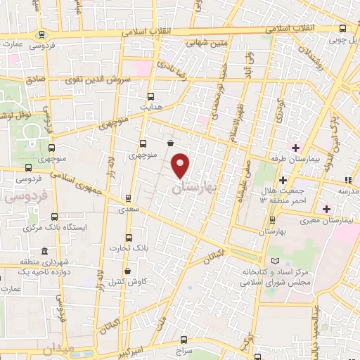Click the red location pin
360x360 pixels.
tap(181, 166)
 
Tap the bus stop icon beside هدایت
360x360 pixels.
tap(150, 96)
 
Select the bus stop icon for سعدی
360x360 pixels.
tap(127, 198)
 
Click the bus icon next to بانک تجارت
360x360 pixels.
tap(127, 238)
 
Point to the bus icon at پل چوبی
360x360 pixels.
tap(342, 29)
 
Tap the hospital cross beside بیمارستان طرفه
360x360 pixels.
tap(296, 148)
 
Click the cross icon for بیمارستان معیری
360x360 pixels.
tap(326, 209)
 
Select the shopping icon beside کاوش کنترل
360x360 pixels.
tap(127, 271)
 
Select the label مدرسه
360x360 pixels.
tap(347, 191)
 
